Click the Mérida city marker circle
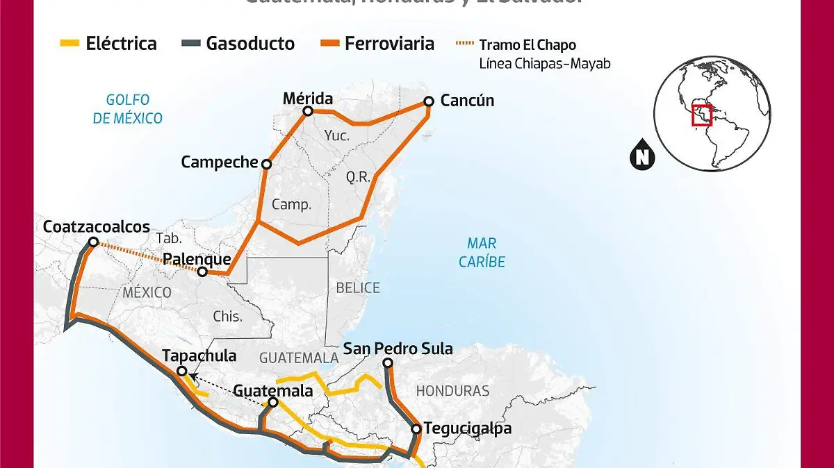tap(309, 111)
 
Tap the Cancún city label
tap(467, 101)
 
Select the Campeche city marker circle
tap(266, 164)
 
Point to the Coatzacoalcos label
tap(97, 227)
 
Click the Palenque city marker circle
tap(202, 272)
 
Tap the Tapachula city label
tap(199, 356)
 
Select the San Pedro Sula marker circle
tap(389, 363)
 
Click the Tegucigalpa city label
tap(467, 428)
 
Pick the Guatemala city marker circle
tap(273, 403)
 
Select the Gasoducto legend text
tap(250, 44)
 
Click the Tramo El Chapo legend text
tap(528, 45)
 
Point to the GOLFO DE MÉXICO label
tap(128, 109)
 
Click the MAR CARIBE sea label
tap(486, 253)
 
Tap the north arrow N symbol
tap(643, 158)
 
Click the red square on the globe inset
tap(702, 115)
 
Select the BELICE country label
tap(358, 287)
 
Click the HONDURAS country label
tap(452, 390)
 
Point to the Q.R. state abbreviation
tap(359, 177)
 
